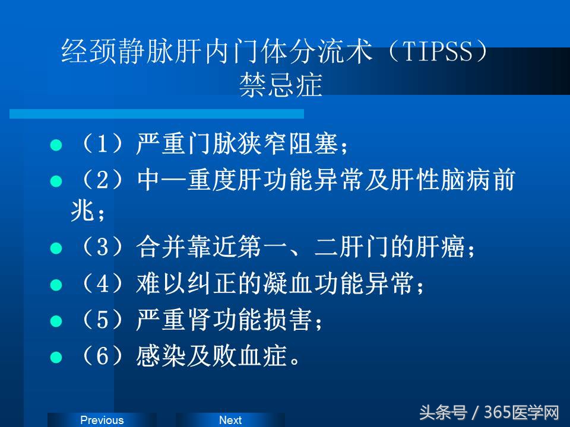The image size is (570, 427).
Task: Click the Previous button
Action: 102,420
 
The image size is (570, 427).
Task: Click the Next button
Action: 230,420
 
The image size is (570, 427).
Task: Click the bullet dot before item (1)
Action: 56,145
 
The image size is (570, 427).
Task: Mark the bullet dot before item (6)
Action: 56,358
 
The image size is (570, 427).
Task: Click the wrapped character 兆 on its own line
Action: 81,211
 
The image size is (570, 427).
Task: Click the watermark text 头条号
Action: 443,412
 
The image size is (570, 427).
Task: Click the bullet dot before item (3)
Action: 56,248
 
